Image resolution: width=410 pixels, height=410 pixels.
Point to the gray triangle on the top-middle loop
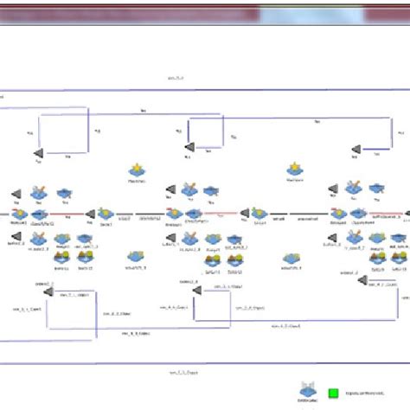[x=189, y=150]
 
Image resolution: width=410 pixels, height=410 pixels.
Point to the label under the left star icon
[x=135, y=183]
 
